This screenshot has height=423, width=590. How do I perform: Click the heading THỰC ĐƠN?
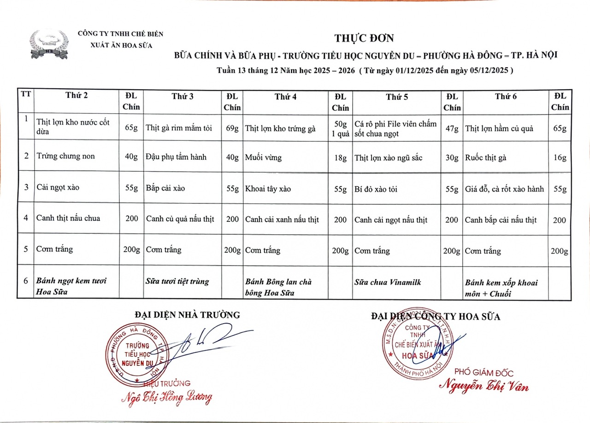pos(364,38)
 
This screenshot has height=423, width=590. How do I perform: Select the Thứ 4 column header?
pos(286,96)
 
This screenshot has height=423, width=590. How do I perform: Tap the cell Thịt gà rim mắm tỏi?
pos(179,128)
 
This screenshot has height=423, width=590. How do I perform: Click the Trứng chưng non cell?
pos(65,156)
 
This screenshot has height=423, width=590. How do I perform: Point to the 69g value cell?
pos(232,128)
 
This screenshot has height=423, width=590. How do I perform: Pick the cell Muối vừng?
pos(263,157)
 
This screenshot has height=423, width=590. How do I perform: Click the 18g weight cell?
pos(340,157)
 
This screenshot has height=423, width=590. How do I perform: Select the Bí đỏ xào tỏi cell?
pos(376,189)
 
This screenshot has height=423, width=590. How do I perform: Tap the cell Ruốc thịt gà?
pos(486,157)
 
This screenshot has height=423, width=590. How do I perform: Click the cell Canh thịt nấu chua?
pos(68,218)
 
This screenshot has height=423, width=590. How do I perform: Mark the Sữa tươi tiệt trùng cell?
pos(177,281)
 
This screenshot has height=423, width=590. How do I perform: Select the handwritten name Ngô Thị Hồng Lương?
pos(166,398)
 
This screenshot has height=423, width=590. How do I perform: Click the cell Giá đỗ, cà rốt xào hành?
pos(504,189)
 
